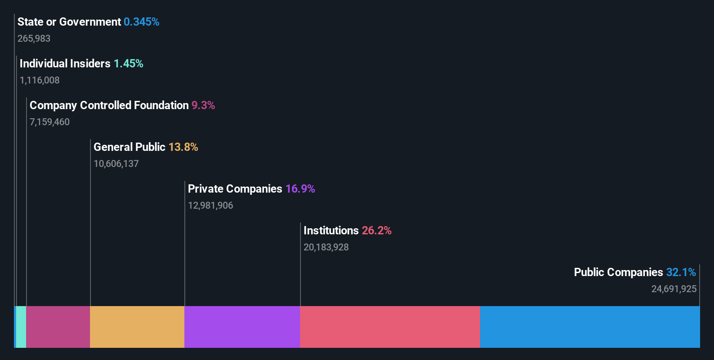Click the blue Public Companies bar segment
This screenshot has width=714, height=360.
tap(590, 327)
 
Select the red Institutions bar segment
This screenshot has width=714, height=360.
tap(390, 327)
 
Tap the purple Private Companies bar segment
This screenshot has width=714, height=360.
tap(242, 327)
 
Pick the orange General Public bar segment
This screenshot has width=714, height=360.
tap(137, 327)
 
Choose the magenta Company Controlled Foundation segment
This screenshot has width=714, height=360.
tap(58, 327)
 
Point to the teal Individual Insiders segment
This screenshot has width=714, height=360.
tap(21, 327)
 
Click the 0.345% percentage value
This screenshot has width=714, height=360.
tap(141, 22)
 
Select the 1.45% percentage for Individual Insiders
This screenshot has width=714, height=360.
tap(128, 63)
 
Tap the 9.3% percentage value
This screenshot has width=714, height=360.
tap(203, 105)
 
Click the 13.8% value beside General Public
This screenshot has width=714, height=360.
tap(183, 147)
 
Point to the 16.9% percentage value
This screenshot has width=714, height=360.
tap(300, 189)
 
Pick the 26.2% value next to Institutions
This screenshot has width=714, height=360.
tap(377, 230)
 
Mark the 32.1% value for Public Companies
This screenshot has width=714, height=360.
tap(681, 272)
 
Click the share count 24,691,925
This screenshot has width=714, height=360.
tap(674, 289)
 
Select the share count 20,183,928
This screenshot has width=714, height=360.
tap(326, 247)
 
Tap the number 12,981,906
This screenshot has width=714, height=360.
tap(210, 206)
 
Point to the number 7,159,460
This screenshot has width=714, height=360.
tap(49, 122)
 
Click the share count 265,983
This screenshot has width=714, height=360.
tap(33, 39)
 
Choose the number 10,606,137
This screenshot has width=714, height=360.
tap(116, 164)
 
